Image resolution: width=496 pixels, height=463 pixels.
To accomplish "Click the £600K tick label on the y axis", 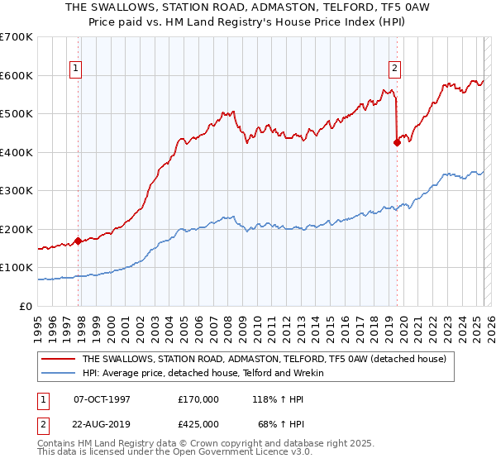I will [x=17, y=75].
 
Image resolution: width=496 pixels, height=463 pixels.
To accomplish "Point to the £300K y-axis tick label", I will [x=17, y=191].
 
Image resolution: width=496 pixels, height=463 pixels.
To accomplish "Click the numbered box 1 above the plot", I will [x=75, y=69].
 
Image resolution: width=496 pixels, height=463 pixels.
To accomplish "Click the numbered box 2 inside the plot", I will [x=394, y=69].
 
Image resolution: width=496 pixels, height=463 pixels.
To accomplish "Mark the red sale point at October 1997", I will [x=78, y=241].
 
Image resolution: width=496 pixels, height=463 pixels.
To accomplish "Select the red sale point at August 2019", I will [x=397, y=142].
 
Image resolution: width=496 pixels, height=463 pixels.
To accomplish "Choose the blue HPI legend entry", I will [x=203, y=374].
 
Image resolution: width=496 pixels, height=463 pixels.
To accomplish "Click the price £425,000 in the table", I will [x=198, y=423].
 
